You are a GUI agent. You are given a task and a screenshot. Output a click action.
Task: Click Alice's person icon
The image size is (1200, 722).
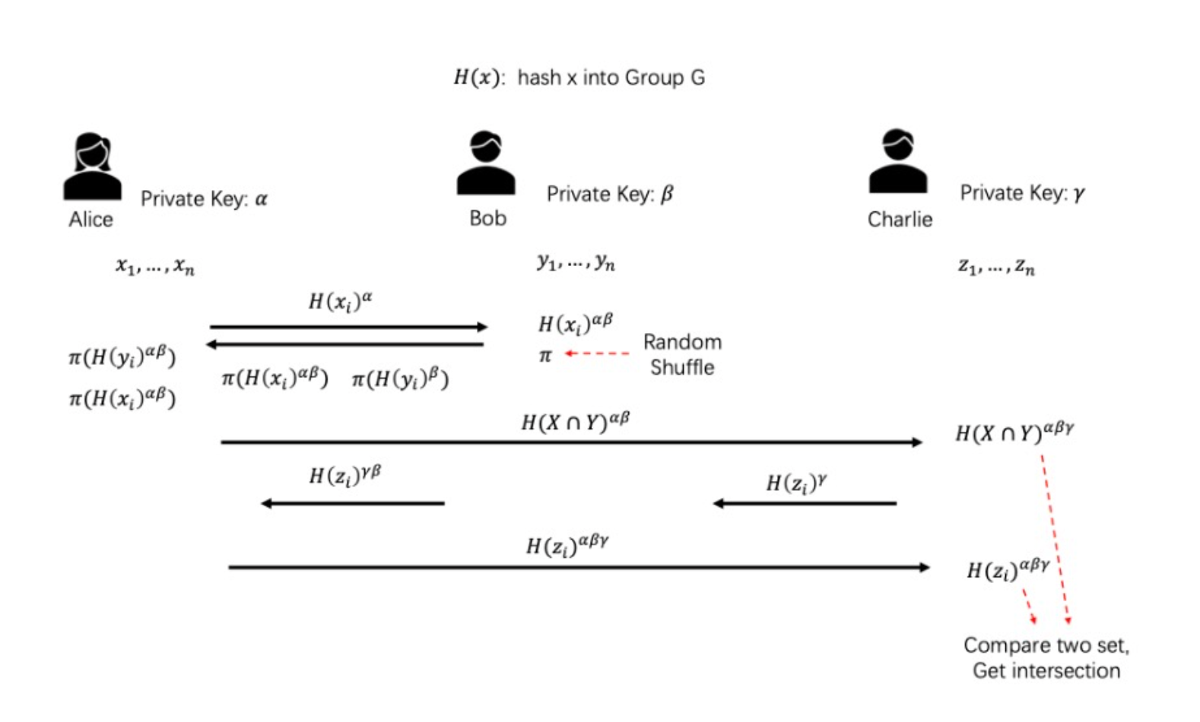pos(92,167)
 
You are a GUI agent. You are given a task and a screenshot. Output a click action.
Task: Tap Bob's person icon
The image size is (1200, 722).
pos(486,163)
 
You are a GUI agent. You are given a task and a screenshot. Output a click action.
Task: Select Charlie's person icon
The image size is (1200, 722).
pos(898,162)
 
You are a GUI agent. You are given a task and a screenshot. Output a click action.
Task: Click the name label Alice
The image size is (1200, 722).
pos(90,220)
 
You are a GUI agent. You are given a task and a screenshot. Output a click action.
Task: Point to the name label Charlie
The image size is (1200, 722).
pos(900,220)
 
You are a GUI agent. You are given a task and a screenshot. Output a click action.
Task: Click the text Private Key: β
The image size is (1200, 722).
pos(610,195)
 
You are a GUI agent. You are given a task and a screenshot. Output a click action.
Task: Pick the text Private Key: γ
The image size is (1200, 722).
pos(1022,194)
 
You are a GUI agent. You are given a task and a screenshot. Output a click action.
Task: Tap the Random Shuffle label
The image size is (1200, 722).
pos(682,355)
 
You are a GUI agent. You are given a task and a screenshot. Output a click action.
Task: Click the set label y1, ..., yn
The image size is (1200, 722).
pos(576,263)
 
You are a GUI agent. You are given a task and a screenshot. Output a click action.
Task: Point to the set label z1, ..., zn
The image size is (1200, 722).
pos(996,267)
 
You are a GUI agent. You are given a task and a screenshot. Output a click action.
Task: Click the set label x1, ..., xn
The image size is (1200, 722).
pos(155,266)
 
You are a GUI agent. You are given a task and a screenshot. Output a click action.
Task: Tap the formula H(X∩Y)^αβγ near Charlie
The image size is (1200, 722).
pos(1014,433)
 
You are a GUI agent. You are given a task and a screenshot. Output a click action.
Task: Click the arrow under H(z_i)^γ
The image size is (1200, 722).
pos(805,503)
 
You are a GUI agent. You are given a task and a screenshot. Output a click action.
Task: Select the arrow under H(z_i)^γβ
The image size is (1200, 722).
pos(353,503)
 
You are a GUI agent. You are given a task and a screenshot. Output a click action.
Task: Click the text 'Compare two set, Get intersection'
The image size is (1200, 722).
pos(1046,658)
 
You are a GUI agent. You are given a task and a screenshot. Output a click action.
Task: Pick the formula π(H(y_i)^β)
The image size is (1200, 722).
pos(400,378)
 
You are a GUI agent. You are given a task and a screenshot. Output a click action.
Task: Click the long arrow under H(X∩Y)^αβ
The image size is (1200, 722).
pos(570,442)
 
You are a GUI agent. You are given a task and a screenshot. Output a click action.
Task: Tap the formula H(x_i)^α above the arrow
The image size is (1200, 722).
pos(340,302)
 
